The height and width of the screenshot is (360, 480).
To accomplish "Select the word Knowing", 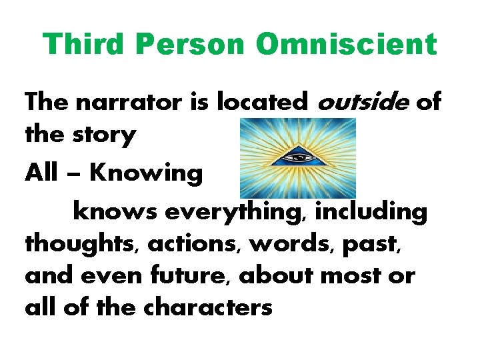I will tap(145, 173).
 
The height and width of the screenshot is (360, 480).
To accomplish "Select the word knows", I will tap(114, 212).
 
